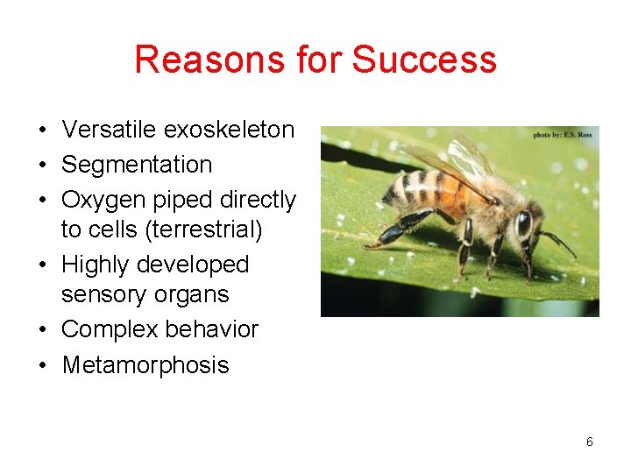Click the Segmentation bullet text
(137, 165)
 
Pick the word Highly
(97, 265)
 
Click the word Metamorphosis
(145, 365)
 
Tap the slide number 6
(590, 442)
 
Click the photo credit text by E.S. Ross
(563, 135)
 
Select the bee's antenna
(557, 241)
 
